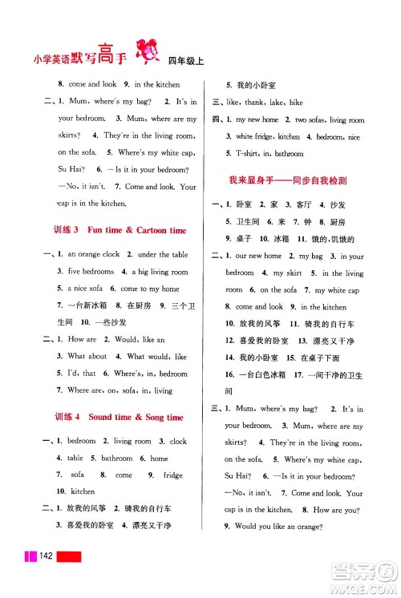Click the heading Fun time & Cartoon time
(x=136, y=230)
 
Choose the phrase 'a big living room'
(x=160, y=272)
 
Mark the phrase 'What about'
(x=87, y=356)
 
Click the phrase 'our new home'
(x=258, y=256)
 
